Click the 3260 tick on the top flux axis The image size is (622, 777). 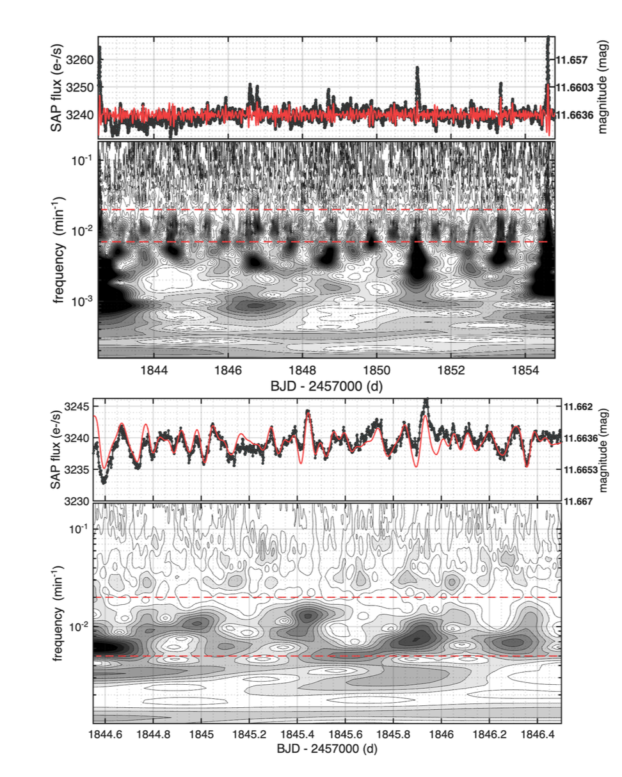(x=83, y=60)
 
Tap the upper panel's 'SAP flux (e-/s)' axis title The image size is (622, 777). (x=57, y=86)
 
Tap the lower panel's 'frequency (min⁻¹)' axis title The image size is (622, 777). (x=57, y=613)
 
